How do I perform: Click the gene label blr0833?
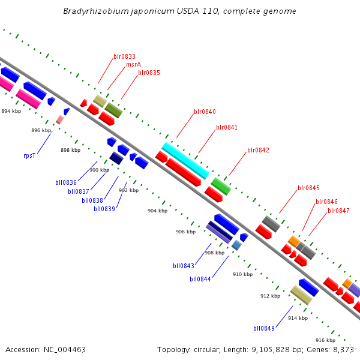click(124, 57)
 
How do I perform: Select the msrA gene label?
click(133, 65)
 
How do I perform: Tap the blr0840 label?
click(205, 112)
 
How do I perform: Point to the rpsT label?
click(29, 155)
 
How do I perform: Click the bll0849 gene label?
click(264, 328)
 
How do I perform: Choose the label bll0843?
click(184, 266)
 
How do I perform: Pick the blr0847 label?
click(338, 211)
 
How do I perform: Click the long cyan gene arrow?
click(185, 160)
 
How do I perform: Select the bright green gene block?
click(221, 186)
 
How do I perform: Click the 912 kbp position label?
click(270, 296)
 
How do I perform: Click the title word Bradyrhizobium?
click(94, 11)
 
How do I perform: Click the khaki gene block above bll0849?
click(301, 295)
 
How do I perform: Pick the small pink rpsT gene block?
click(59, 120)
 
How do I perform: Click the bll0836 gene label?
click(66, 182)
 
